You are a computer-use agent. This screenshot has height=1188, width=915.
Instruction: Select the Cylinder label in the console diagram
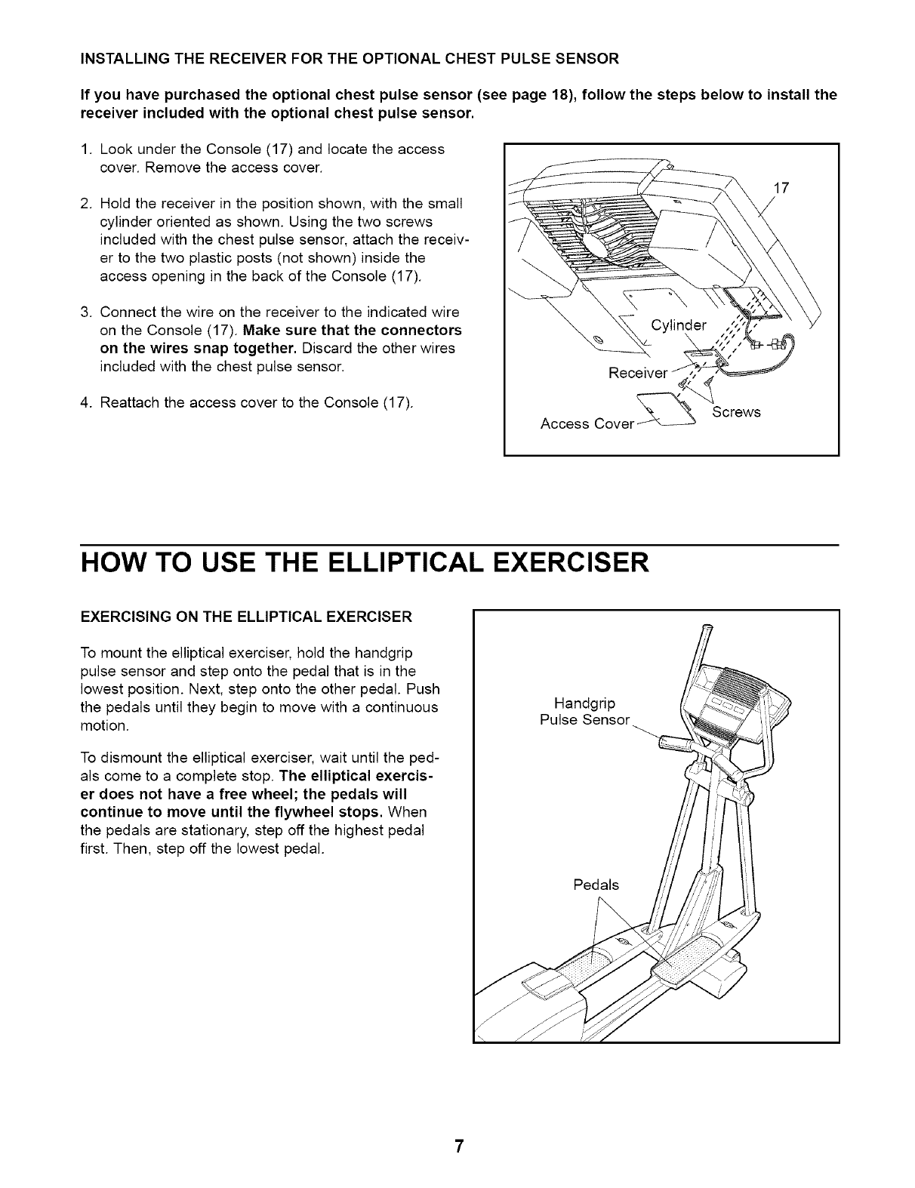point(678,325)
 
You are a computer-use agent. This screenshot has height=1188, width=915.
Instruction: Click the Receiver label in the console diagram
point(638,373)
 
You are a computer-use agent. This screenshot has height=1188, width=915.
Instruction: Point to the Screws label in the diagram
point(736,412)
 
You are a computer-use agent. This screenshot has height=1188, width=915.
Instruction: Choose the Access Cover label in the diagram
point(587,423)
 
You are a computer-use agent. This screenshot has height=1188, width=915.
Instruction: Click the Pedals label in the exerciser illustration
point(596,885)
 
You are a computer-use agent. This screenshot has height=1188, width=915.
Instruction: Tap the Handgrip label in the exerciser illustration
point(584,704)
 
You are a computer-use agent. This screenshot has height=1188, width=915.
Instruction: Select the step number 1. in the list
point(85,149)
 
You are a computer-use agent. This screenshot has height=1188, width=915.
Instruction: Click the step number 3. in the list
point(85,312)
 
